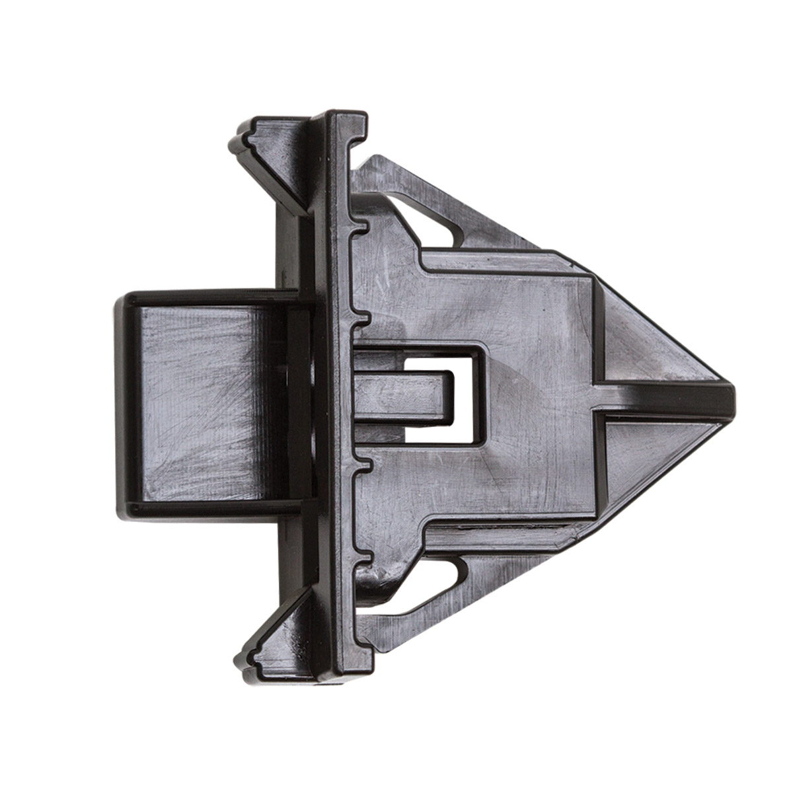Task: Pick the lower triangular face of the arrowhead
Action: (x=648, y=463)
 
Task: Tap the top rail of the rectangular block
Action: (x=205, y=297)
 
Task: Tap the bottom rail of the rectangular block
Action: (x=205, y=509)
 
